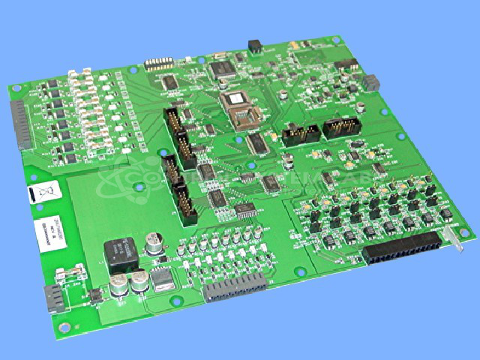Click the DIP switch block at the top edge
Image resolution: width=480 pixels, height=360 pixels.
coord(159,64)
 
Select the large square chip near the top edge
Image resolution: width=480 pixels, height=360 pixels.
coord(223,70)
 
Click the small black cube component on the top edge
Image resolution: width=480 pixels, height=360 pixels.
coord(255,46)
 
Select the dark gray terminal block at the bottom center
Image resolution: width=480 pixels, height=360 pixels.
coord(235,286)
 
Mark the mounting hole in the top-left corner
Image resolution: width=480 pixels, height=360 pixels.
coord(14,88)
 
